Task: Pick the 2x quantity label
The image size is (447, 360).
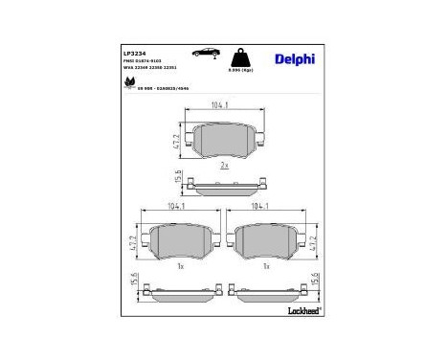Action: (223, 166)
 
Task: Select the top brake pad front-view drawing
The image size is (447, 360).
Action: (223, 141)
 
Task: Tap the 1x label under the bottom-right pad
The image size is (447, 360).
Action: (265, 266)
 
